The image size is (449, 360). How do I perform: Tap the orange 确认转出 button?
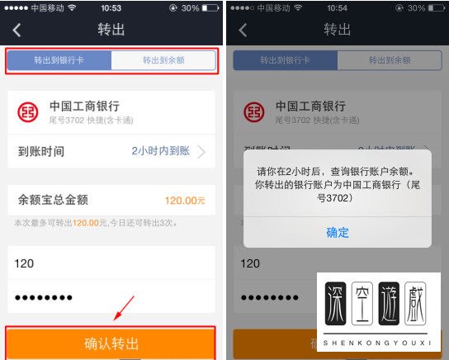coord(111,343)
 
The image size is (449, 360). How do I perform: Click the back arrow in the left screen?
coord(17,31)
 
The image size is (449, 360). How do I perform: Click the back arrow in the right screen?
coord(243,31)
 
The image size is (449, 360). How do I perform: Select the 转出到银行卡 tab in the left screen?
coord(59,61)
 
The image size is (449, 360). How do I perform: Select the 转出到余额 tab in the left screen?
coord(163,61)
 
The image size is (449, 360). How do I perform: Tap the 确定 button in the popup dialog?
coord(338,232)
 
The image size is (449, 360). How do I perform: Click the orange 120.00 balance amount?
coord(184,201)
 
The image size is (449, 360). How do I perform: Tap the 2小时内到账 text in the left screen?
coord(161,151)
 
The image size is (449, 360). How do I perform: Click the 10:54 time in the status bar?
coord(337,7)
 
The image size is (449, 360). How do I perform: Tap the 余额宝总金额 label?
coord(53,200)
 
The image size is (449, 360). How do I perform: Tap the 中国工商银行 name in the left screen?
coord(84,107)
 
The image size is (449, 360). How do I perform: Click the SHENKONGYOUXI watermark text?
coord(378,343)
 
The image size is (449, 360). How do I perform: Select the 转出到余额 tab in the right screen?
coord(389,61)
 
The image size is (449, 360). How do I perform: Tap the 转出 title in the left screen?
coord(111,31)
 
